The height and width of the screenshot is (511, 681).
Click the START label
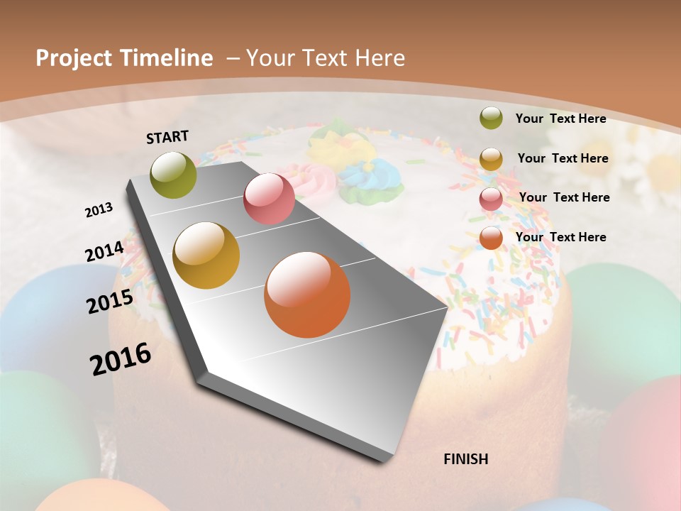(x=167, y=137)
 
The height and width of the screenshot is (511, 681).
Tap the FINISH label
(x=465, y=459)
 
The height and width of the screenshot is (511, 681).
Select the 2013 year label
(x=99, y=209)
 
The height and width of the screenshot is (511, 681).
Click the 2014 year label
(x=104, y=251)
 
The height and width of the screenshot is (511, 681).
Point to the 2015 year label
(x=109, y=302)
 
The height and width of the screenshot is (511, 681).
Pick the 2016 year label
(x=121, y=358)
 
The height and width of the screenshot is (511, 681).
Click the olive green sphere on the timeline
(x=173, y=175)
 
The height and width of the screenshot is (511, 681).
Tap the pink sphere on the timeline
(x=269, y=199)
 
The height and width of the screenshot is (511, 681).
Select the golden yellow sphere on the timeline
(x=206, y=255)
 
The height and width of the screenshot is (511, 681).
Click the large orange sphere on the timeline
(x=307, y=295)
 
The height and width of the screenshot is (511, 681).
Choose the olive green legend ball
(x=491, y=118)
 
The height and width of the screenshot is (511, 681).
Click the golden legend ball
(x=491, y=159)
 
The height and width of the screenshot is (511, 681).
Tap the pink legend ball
(x=491, y=199)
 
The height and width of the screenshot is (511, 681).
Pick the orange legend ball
(x=491, y=238)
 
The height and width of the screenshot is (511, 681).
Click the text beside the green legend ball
(x=560, y=119)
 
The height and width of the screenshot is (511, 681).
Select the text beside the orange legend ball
(x=560, y=237)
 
